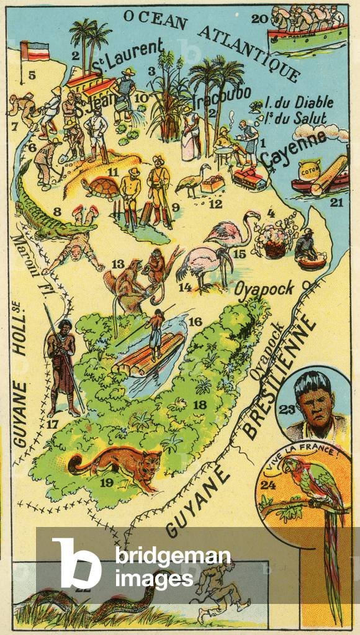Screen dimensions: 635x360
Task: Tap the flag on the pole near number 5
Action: [35, 52]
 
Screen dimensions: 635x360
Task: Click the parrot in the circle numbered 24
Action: [310, 490]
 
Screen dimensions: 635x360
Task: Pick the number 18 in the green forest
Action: [199, 404]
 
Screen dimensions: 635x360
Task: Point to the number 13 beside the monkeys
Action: [118, 264]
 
